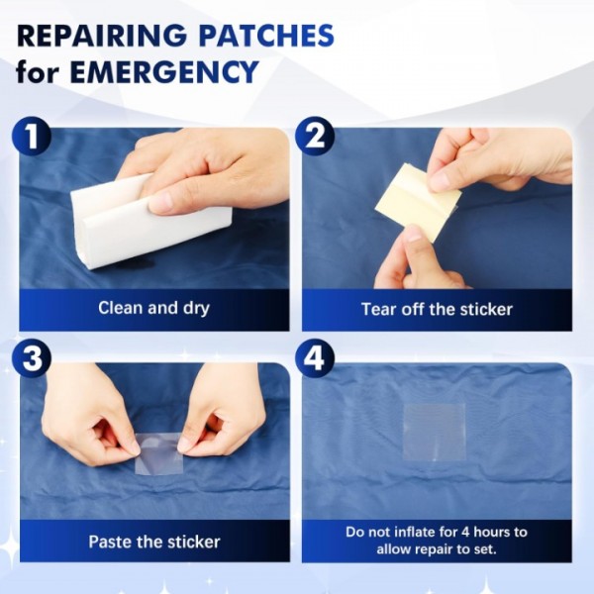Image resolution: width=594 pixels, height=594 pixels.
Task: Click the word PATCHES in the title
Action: pos(266,36)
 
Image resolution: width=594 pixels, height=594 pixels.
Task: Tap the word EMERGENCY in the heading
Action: pos(163,71)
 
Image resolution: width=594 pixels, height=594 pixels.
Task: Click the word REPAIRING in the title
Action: pos(102,36)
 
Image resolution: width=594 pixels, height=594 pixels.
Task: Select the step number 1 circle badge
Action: pos(32,137)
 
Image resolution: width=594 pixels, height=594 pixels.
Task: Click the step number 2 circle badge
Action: pos(315,137)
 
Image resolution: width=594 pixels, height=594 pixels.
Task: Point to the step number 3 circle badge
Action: pos(32,358)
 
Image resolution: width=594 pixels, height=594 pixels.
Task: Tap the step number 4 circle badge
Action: pos(315,358)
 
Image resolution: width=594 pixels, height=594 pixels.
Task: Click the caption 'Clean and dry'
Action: pos(153,308)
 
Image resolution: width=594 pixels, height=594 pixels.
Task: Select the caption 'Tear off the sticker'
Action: pos(437,309)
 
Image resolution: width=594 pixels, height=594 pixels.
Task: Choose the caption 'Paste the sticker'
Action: pos(154,542)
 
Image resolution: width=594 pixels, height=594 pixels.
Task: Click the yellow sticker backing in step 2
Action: pos(419,201)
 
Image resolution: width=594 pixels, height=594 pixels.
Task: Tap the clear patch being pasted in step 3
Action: pos(159,454)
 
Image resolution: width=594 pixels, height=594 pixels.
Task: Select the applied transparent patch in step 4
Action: pos(434,433)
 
